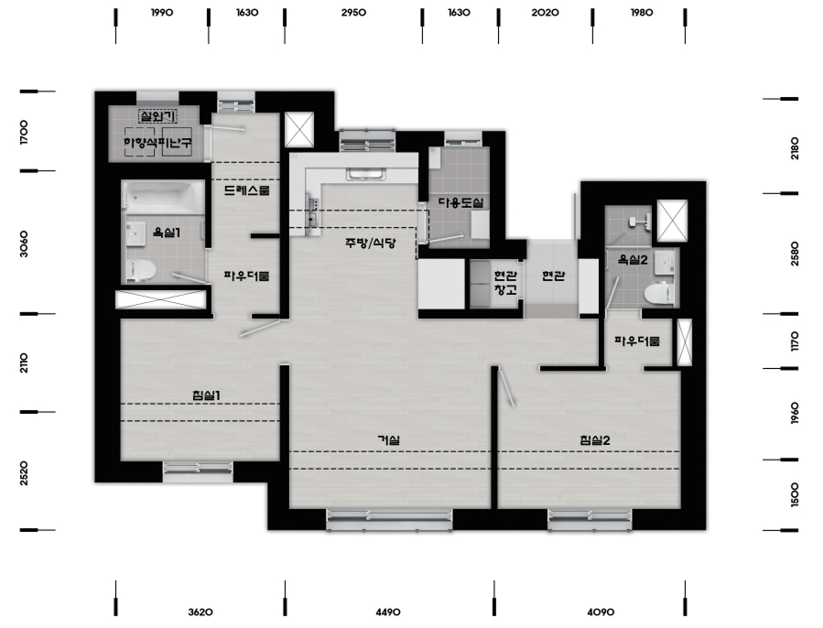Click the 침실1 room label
206,395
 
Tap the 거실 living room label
389,439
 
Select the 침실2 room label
595,440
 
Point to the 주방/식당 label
371,243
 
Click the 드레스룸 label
246,190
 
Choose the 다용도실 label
460,202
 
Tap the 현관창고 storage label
505,283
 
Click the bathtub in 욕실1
164,198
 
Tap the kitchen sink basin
366,174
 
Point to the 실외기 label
157,115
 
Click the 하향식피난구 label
157,142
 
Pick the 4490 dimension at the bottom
388,612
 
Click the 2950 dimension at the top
353,13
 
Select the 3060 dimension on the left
24,244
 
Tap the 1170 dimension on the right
795,341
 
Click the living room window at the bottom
389,519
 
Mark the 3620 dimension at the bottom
200,612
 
